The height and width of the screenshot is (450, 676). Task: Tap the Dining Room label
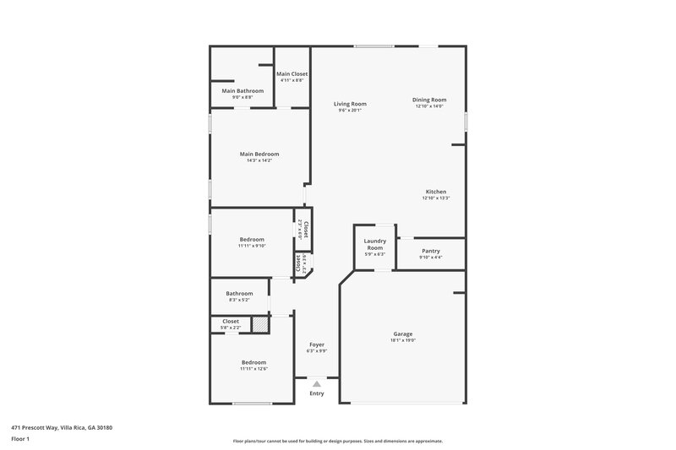point(429,100)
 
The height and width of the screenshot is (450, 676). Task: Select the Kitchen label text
point(435,192)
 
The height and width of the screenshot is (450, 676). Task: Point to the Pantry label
point(430,251)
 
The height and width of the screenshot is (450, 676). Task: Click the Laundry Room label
point(374,245)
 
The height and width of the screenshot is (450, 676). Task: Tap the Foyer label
point(316,344)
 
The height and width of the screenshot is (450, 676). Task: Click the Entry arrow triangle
point(317,383)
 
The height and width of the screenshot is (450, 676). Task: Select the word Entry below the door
point(317,393)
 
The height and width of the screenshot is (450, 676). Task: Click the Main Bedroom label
point(259,155)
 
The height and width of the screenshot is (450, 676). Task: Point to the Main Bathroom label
point(243,90)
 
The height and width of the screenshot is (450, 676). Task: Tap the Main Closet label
point(292,74)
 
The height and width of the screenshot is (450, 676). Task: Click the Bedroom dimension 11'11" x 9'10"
point(252,246)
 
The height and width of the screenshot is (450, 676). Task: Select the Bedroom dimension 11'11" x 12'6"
point(253,369)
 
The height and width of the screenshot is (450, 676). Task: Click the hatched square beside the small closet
point(260,324)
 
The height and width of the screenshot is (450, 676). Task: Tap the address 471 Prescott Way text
point(62,428)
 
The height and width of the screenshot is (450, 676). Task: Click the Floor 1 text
point(20,440)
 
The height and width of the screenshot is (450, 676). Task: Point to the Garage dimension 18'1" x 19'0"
point(402,339)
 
